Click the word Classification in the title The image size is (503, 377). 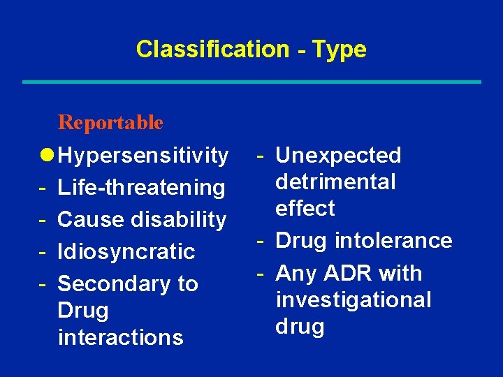click(212, 49)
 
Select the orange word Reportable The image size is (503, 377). click(110, 123)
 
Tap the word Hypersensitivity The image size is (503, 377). click(143, 156)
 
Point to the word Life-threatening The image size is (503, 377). click(141, 187)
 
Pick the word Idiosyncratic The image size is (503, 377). click(126, 251)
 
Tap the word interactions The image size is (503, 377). click(120, 337)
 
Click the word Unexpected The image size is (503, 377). click(339, 155)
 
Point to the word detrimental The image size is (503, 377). click(335, 182)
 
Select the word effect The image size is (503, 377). click(305, 208)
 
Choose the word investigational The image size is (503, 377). click(353, 300)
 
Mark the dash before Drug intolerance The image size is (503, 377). click(259, 240)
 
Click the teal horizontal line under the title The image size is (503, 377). click(251, 82)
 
